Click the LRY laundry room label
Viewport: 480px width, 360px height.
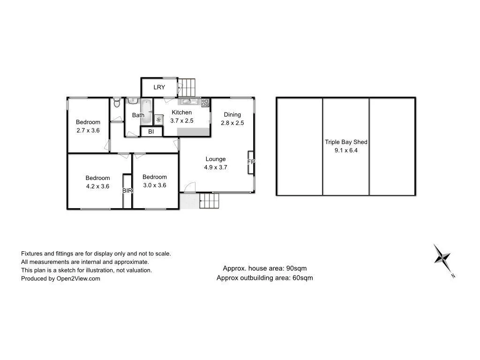point(159,87)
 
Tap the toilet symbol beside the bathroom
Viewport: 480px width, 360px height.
point(117,102)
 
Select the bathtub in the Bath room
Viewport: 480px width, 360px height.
point(147,112)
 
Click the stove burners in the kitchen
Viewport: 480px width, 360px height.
point(205,102)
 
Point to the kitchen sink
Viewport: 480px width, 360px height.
point(187,102)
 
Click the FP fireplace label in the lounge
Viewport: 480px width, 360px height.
point(251,162)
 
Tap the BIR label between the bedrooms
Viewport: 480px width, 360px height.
point(127,191)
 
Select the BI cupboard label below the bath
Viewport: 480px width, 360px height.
point(151,132)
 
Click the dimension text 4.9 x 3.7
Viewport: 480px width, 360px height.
point(216,167)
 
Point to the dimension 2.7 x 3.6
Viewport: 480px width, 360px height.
point(88,130)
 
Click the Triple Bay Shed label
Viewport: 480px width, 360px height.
point(346,142)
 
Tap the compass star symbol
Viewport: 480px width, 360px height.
point(442,257)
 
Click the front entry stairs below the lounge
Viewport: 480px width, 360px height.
point(210,201)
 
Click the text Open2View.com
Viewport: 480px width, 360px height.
point(78,278)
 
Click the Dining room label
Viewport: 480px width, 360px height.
point(232,114)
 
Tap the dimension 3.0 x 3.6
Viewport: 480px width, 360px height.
point(155,185)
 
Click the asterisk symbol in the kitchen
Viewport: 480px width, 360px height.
point(158,120)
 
